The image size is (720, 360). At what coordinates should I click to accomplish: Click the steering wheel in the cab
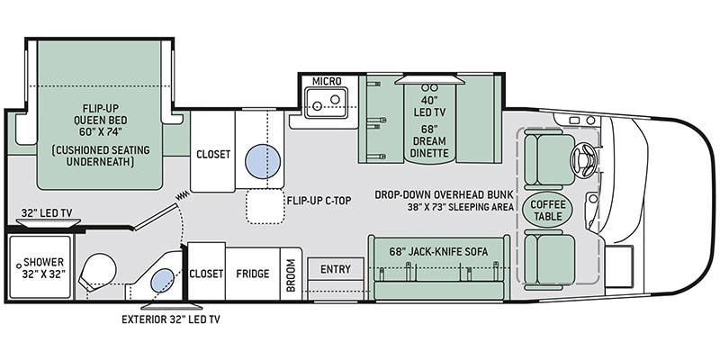click(583, 160)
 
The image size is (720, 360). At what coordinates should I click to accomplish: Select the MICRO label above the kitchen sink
click(327, 81)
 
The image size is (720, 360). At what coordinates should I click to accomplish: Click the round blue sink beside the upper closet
click(263, 161)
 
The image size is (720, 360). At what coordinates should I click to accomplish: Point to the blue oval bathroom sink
click(163, 281)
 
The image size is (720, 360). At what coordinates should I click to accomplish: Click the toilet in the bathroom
click(98, 272)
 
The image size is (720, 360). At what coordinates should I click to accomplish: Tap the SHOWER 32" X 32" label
click(43, 268)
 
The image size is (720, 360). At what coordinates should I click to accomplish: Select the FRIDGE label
click(253, 274)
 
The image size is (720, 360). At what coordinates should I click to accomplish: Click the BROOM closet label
click(291, 274)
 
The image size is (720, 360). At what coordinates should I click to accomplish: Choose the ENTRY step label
click(336, 269)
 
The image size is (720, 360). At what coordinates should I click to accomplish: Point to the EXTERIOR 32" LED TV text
click(170, 319)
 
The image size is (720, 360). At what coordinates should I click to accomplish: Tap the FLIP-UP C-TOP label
click(319, 200)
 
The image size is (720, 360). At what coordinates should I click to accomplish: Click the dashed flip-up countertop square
click(265, 206)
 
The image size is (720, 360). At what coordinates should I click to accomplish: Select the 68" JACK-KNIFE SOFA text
click(438, 251)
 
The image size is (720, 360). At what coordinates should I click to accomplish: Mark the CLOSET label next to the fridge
click(206, 274)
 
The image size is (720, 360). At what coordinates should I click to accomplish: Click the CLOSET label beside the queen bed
click(213, 154)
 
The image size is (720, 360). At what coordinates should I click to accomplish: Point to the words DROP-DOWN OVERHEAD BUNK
click(444, 194)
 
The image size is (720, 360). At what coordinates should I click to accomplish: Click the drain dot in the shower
click(19, 265)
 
